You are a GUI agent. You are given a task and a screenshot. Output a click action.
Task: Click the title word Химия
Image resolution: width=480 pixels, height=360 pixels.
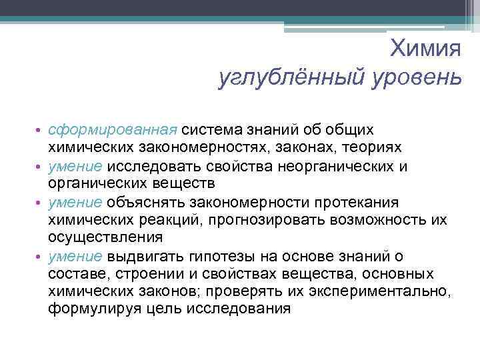(425, 47)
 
